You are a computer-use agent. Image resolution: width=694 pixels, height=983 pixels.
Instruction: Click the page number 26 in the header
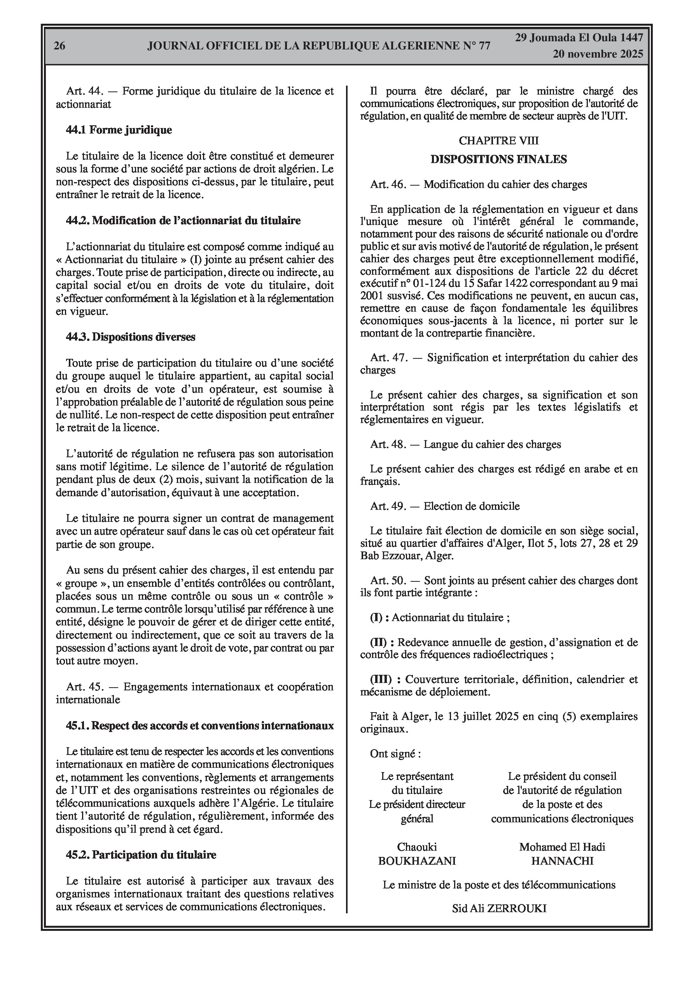(x=59, y=46)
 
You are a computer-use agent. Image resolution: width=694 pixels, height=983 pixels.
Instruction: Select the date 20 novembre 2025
(x=598, y=54)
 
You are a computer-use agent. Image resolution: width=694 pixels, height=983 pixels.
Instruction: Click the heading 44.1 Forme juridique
(x=119, y=130)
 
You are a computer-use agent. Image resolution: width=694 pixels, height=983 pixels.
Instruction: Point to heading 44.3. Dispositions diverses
(x=131, y=337)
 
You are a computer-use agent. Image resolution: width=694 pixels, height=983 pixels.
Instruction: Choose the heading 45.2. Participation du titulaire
(x=141, y=855)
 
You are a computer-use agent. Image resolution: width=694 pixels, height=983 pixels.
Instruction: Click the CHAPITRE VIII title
(x=498, y=140)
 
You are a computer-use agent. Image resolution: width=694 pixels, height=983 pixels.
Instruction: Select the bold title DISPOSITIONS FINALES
(x=498, y=159)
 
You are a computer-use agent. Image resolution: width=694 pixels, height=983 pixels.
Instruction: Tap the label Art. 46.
(x=388, y=184)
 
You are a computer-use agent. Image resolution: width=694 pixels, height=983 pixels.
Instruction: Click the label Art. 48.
(x=388, y=444)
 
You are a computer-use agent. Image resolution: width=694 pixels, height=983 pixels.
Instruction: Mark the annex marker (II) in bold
(x=379, y=642)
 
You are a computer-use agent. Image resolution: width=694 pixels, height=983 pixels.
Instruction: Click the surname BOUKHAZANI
(x=417, y=861)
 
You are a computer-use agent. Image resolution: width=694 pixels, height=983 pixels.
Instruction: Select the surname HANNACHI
(x=562, y=861)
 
